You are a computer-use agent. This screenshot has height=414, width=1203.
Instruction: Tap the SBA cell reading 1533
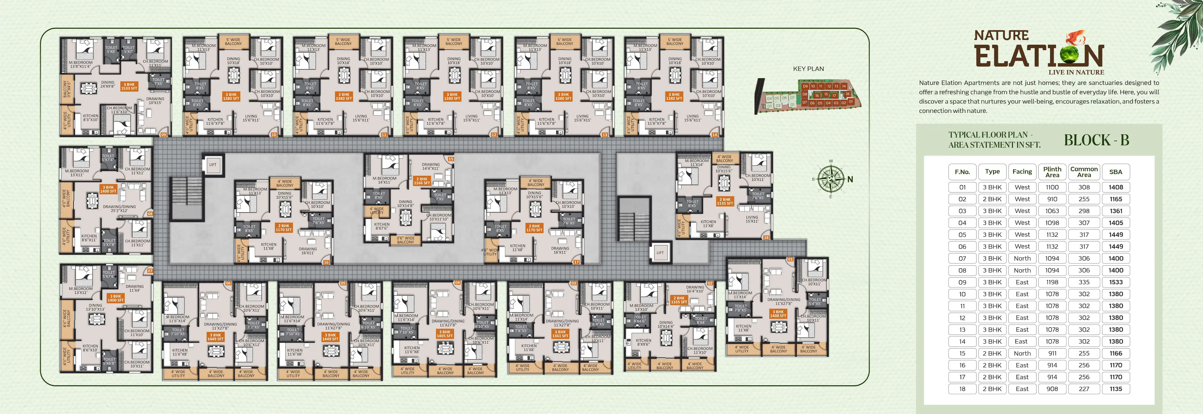pos(1116,282)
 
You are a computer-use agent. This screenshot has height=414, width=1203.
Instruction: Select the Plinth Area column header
pos(1052,172)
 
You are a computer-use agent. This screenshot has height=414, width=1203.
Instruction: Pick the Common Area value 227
pos(1084,389)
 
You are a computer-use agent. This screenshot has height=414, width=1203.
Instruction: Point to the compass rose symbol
pos(831,179)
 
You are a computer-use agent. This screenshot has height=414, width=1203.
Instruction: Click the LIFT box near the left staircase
pos(213,164)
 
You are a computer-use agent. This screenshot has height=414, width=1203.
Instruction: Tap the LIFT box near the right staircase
pos(660,253)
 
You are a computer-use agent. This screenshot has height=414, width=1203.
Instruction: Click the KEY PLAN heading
pos(808,69)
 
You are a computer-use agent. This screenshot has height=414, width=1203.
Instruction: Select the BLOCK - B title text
pos(1096,140)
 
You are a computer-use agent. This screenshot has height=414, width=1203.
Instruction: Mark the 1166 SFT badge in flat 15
pos(422,181)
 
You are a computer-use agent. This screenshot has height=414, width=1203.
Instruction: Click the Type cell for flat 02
pos(992,199)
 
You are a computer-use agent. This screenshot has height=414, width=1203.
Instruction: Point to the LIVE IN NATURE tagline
pos(1076,72)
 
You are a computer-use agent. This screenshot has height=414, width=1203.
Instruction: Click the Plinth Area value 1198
pos(1052,282)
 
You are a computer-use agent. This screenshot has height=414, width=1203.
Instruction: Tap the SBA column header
pos(1116,172)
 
